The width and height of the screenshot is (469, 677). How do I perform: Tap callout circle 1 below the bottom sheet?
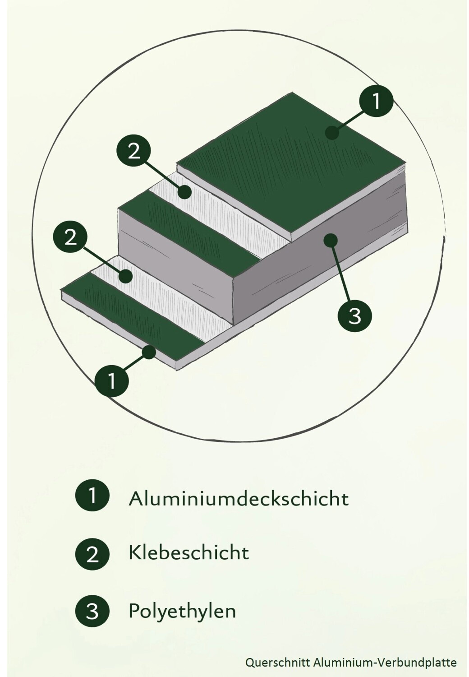pyautogui.click(x=112, y=381)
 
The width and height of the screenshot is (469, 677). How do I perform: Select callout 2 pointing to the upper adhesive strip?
pyautogui.click(x=134, y=151)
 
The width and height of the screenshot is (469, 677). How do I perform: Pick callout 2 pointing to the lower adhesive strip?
pyautogui.click(x=70, y=237)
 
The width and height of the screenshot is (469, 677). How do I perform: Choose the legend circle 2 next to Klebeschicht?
pyautogui.click(x=92, y=554)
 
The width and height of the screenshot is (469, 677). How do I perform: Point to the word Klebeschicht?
pyautogui.click(x=189, y=553)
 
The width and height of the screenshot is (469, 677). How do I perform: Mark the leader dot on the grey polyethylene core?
pyautogui.click(x=330, y=240)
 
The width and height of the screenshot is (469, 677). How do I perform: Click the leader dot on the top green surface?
pyautogui.click(x=332, y=132)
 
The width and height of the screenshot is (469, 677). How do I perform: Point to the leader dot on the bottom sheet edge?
pyautogui.click(x=148, y=352)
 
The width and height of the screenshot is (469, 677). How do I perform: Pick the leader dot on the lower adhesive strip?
pyautogui.click(x=125, y=276)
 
